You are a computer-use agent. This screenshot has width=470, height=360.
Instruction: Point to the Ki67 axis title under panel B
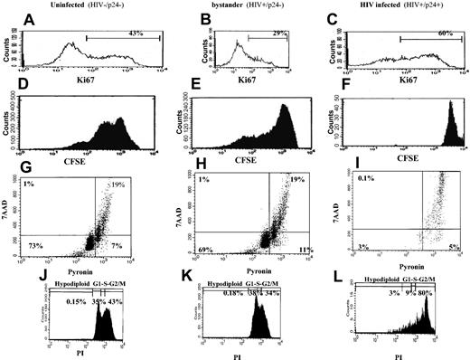tap(238, 77)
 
